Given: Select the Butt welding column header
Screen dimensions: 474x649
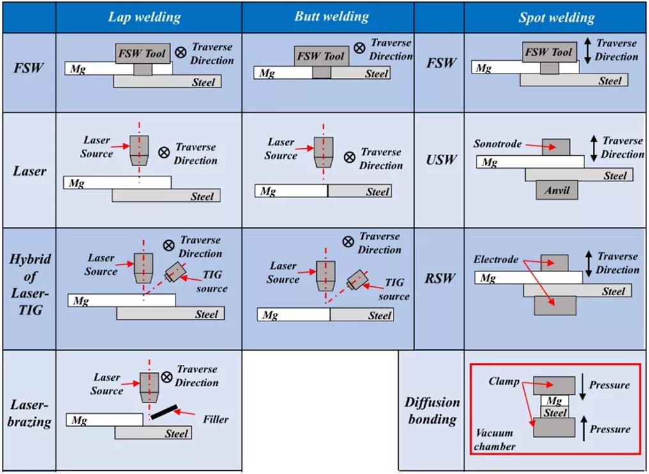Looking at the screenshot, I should pos(331,17).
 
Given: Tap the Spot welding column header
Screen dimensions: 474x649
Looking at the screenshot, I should pos(556,18).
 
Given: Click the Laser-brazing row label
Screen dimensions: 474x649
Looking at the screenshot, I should pos(29,413).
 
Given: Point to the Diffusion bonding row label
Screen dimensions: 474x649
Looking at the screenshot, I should pos(432,411).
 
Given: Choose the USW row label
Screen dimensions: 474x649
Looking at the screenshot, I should pos(441,159).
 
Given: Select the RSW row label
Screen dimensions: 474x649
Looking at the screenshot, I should pos(441,278).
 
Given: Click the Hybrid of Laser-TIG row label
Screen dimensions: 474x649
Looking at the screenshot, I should pos(29,285).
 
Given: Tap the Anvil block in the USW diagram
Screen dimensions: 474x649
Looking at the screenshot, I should pos(556,190).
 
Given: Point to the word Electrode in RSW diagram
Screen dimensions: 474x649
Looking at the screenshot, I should pos(496,260).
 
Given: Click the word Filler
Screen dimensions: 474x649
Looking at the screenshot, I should pos(215,419).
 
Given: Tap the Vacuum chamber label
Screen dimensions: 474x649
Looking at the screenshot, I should pos(494,440).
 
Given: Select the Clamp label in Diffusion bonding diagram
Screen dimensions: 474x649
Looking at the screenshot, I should pos(503,381).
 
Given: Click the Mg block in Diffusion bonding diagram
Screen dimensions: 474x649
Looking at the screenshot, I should pos(554,401).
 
